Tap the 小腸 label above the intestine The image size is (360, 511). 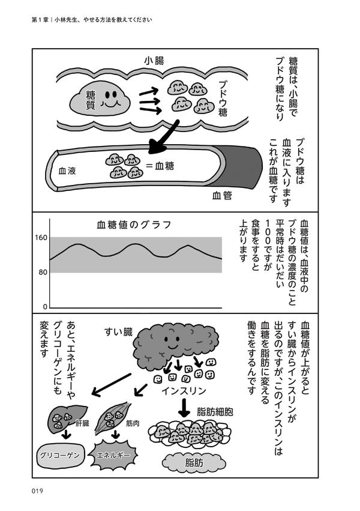pyautogui.click(x=154, y=61)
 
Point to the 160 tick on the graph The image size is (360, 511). pyautogui.click(x=41, y=238)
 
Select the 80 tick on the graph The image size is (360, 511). pyautogui.click(x=42, y=273)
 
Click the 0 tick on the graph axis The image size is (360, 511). pyautogui.click(x=44, y=306)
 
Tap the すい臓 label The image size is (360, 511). pyautogui.click(x=118, y=331)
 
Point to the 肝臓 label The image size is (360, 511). pyautogui.click(x=82, y=423)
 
